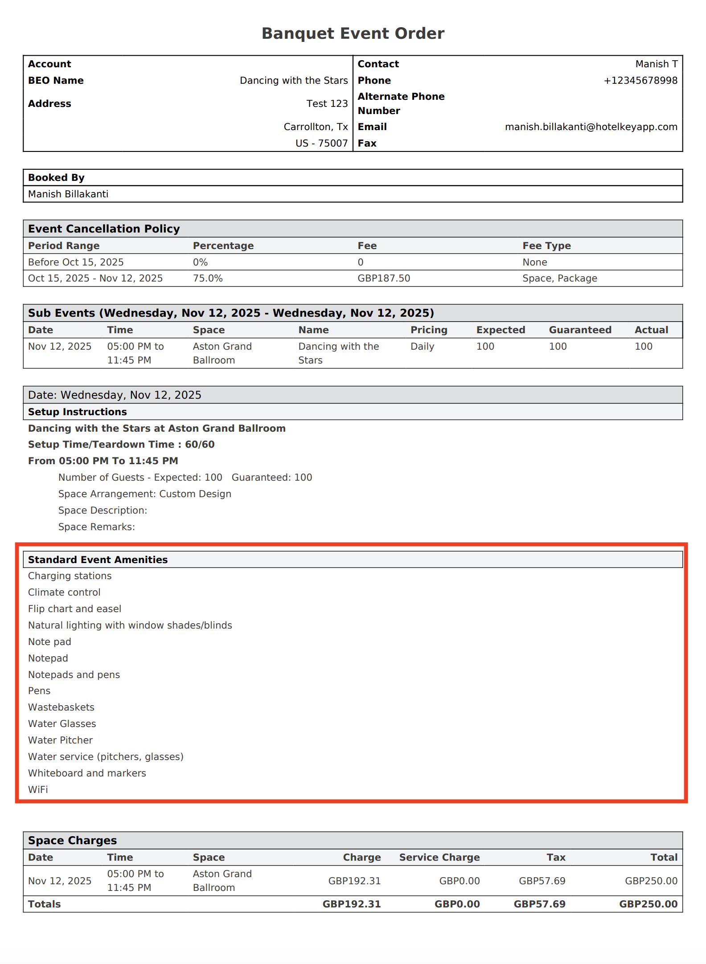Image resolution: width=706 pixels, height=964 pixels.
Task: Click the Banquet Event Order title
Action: coord(353,33)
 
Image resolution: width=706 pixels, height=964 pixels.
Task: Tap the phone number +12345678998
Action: coord(640,81)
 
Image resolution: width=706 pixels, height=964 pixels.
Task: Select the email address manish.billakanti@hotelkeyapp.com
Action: coord(591,127)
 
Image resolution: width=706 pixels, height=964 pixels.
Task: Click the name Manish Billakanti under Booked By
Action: coord(68,194)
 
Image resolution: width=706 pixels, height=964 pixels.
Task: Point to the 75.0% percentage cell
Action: coord(208,278)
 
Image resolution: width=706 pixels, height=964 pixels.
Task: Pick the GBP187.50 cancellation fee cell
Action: coord(384,278)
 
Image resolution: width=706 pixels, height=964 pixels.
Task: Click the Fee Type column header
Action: coord(546,246)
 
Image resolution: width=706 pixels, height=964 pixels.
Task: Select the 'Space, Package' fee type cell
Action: coord(559,278)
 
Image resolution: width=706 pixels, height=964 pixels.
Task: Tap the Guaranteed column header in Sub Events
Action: coord(580,330)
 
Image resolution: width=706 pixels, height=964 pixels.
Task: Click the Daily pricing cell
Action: coord(422,347)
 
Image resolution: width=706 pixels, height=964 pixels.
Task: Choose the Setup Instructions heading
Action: coord(78,412)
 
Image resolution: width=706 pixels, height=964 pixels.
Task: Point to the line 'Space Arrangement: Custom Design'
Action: coord(144,494)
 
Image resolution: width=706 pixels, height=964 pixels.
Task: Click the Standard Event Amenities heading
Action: coord(98,560)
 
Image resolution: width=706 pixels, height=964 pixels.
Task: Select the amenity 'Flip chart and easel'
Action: coord(74,609)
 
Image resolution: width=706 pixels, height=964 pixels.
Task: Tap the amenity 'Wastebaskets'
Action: coord(61,707)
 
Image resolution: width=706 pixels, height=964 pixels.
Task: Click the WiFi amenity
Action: coord(38,790)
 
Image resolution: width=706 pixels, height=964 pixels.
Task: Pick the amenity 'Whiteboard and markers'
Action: coord(87,773)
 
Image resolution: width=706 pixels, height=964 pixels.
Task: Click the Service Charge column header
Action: coord(439,858)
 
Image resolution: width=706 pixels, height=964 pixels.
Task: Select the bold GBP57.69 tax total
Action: coord(539,904)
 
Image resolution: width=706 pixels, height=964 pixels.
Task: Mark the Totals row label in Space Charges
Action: coord(45,904)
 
